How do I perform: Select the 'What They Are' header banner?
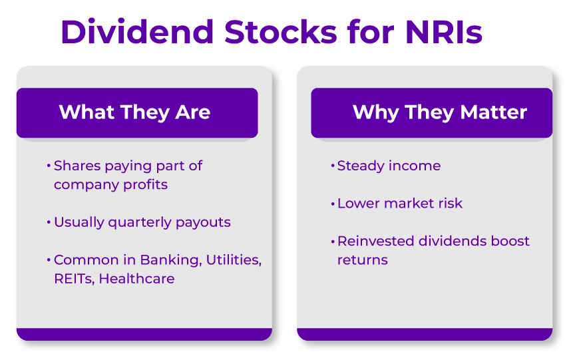[x=136, y=112]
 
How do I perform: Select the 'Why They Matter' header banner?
[x=431, y=112]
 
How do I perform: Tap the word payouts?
[x=203, y=222]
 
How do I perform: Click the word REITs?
[x=74, y=279]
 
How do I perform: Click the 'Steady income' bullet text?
[x=389, y=166]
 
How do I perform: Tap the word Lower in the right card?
[x=358, y=203]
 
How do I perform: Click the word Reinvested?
[x=375, y=241]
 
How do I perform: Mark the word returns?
[x=362, y=260]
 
